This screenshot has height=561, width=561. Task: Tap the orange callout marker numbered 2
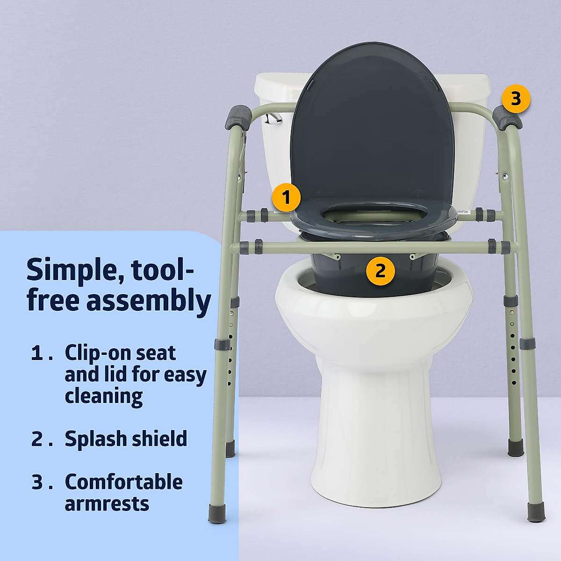(380, 271)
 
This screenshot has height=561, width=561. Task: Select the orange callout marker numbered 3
(516, 99)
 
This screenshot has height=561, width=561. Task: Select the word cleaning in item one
(104, 396)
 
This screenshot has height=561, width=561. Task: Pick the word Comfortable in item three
(123, 482)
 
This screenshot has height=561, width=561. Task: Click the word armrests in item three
(107, 503)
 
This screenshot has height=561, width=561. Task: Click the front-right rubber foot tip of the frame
(534, 511)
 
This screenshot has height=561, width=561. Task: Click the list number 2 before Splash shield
(37, 439)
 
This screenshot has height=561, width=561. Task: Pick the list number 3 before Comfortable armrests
(37, 482)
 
